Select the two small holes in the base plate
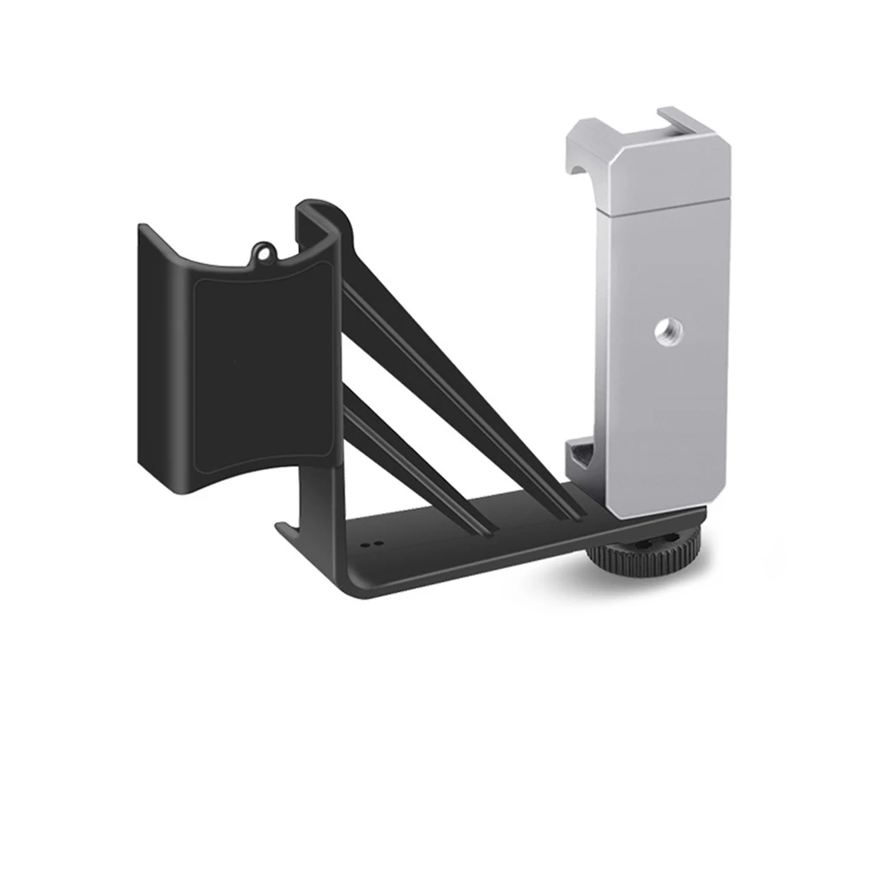tap(371, 540)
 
